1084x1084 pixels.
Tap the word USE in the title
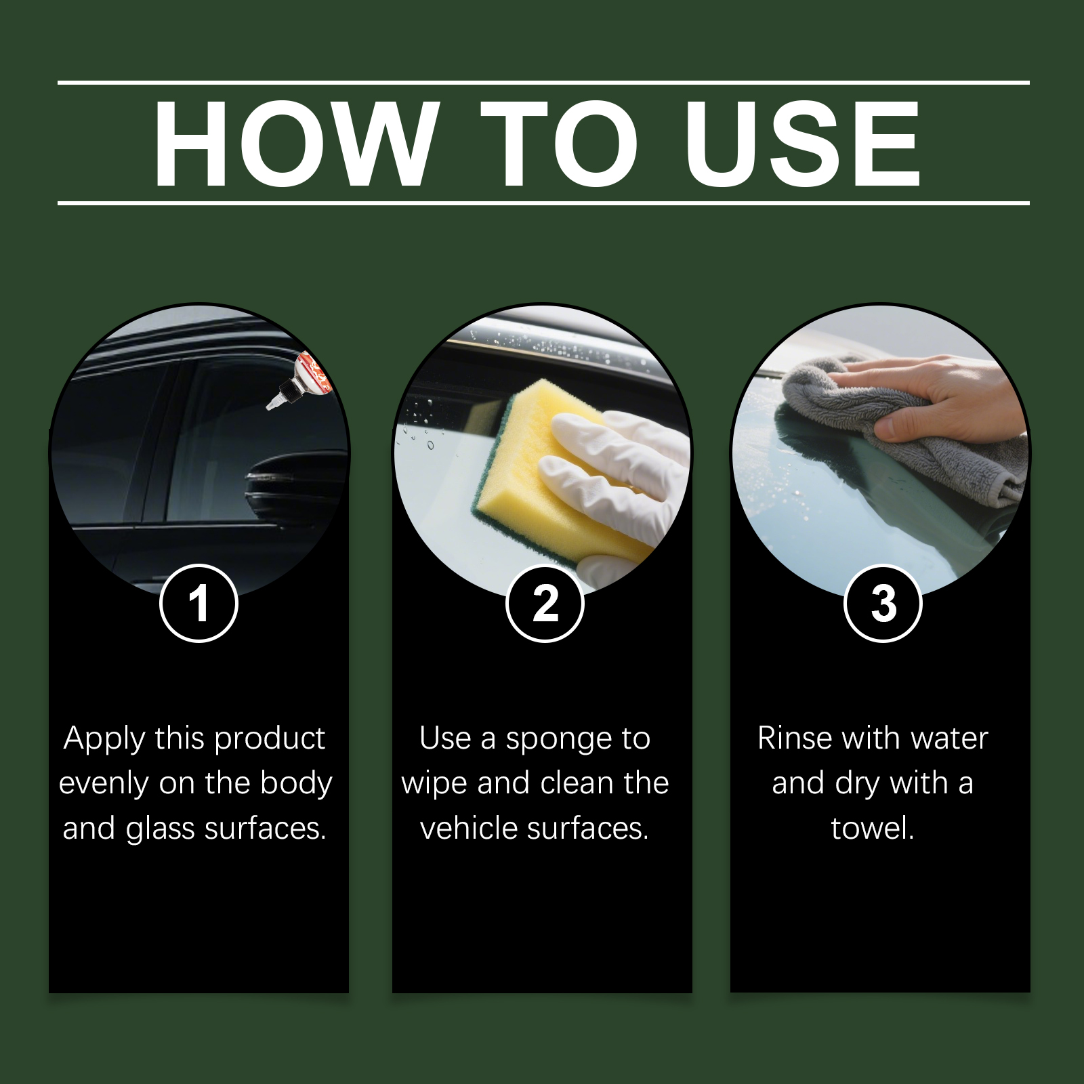point(802,144)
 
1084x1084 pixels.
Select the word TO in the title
point(560,144)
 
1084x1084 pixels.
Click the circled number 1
point(199,603)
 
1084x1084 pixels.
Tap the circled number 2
point(545,603)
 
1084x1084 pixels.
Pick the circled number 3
point(883,603)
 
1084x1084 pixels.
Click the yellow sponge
point(535,467)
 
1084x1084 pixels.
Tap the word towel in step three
point(873,828)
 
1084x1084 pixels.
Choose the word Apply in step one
point(104,739)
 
